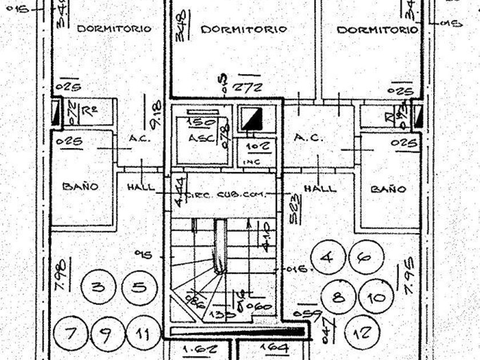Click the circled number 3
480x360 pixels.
pos(98,287)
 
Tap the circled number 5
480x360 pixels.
pos(138,286)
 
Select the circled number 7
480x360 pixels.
pos(70,333)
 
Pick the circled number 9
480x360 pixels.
pos(106,333)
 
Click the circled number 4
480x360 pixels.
pos(327,258)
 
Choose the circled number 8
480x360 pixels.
pos(337,297)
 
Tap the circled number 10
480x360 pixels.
pos(377,298)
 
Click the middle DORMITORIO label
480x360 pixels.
pos(245,29)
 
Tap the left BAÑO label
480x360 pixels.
pos(80,186)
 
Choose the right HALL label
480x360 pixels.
pos(320,189)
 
